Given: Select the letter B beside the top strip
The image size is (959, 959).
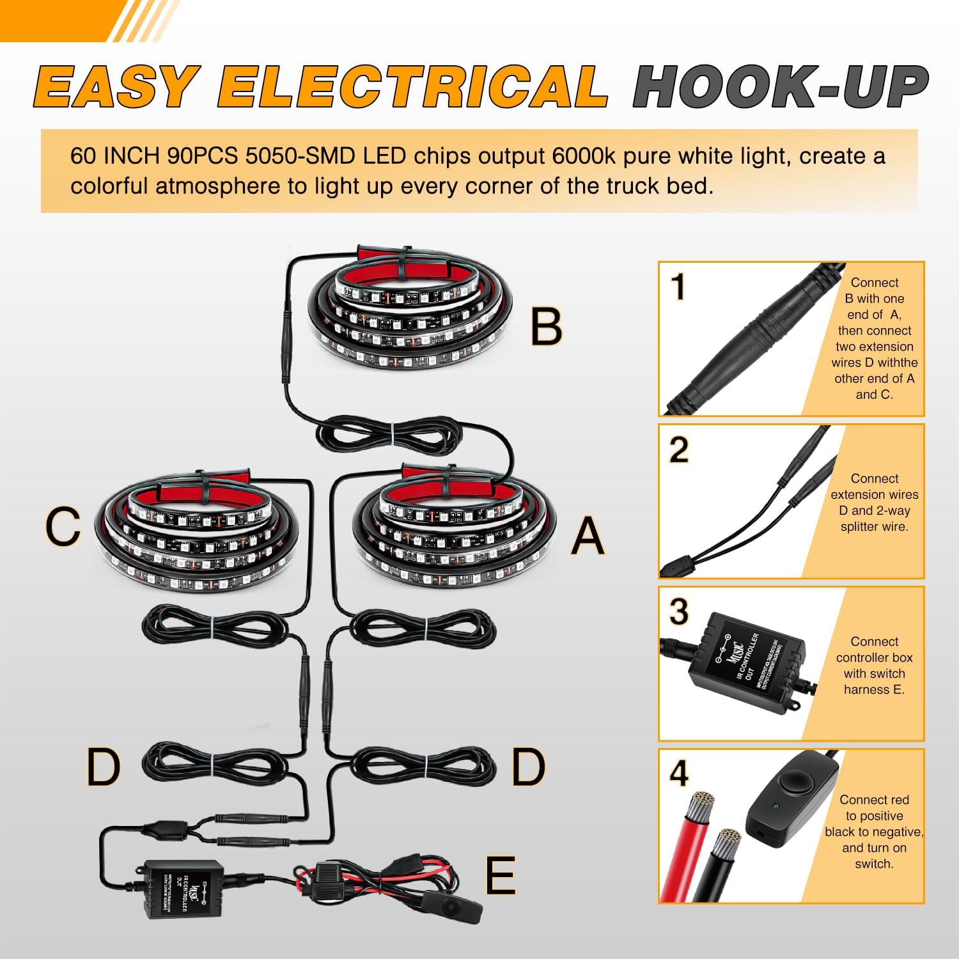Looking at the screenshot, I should pyautogui.click(x=547, y=327).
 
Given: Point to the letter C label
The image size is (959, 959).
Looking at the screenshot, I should pyautogui.click(x=63, y=527).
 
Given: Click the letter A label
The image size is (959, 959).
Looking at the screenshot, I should pyautogui.click(x=588, y=536).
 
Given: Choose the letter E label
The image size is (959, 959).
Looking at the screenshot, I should pyautogui.click(x=500, y=876).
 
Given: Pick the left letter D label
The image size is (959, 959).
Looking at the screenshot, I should pyautogui.click(x=103, y=767).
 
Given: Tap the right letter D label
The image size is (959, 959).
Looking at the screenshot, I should pyautogui.click(x=528, y=767).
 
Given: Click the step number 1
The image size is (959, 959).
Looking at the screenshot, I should pyautogui.click(x=679, y=287).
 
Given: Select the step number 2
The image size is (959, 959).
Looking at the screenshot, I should pyautogui.click(x=679, y=450).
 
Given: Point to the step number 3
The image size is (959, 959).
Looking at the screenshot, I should pyautogui.click(x=679, y=612).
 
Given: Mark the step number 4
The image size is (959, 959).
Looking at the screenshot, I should pyautogui.click(x=679, y=774).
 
